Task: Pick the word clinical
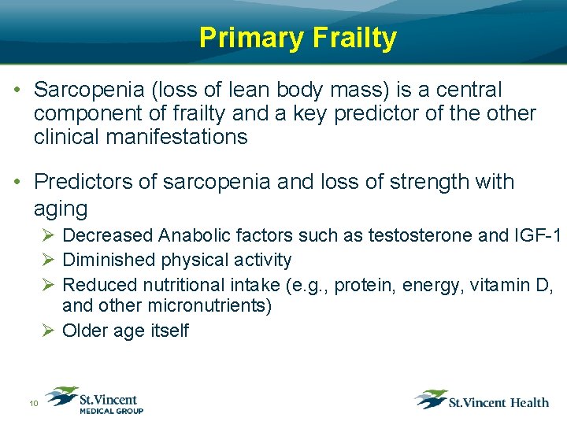63,137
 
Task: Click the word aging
61,209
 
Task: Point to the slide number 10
34,404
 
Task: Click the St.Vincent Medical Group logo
94,400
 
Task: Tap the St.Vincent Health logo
482,400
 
